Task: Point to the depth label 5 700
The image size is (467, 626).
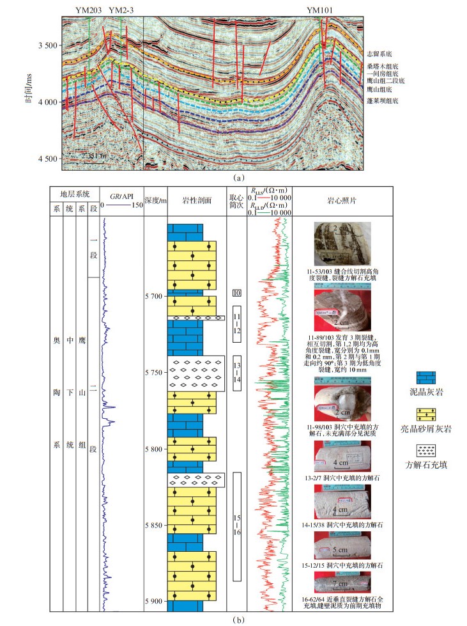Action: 155,297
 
